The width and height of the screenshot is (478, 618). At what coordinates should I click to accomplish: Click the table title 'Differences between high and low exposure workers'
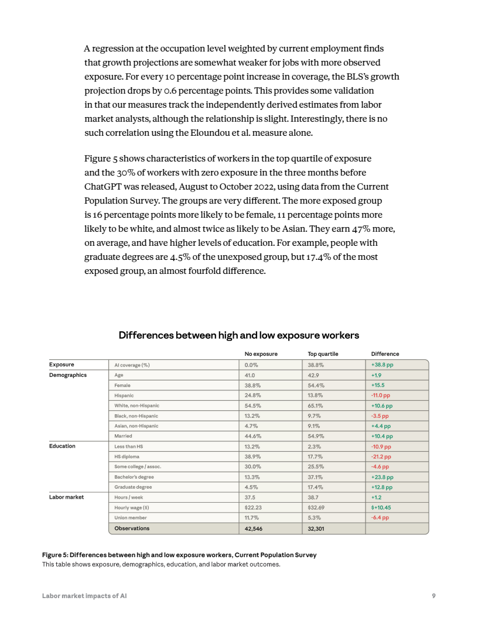click(x=238, y=335)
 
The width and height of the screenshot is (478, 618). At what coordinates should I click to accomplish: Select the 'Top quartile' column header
click(x=323, y=354)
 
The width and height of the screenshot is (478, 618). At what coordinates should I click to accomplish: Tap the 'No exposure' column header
click(x=261, y=354)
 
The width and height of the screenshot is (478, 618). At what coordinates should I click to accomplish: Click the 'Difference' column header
click(x=385, y=354)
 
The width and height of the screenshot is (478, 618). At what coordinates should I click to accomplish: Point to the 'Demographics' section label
click(x=68, y=375)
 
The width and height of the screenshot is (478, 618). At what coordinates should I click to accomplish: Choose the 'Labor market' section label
click(x=66, y=497)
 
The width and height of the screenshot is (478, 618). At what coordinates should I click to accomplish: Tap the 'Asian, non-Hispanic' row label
click(x=136, y=426)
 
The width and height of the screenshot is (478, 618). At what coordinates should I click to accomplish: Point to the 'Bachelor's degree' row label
click(x=134, y=477)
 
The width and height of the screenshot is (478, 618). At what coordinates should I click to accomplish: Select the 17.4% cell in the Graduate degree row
click(x=316, y=487)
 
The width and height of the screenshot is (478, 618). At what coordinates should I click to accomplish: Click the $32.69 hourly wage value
click(x=316, y=507)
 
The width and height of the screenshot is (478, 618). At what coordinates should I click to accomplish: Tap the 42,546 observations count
click(x=254, y=528)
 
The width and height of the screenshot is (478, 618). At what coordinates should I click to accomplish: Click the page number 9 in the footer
click(x=433, y=596)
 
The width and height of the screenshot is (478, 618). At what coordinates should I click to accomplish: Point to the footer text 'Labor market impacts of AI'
click(x=84, y=596)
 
